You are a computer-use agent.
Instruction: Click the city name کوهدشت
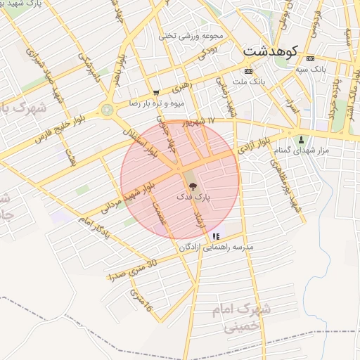270,51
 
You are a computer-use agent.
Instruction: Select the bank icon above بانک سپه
310,58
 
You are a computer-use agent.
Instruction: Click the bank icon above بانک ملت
247,72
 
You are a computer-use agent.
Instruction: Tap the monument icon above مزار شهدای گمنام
302,139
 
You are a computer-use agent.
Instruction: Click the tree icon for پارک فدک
193,186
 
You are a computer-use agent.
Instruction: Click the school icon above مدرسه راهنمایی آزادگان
216,237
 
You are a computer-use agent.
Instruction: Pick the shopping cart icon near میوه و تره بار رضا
155,92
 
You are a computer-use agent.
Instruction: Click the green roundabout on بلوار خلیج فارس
107,110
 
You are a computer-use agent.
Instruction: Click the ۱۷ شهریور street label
200,122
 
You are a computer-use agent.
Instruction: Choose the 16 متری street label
140,299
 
